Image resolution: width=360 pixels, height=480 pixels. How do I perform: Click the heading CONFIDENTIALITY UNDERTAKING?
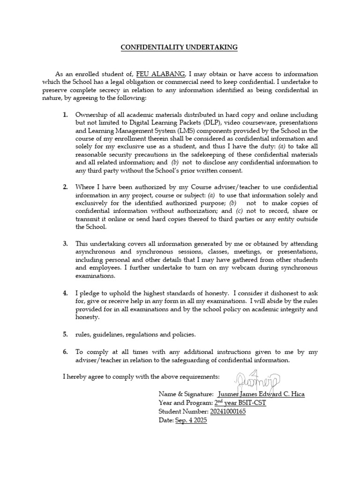tap(180, 47)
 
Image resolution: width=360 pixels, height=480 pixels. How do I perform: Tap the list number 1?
tap(66, 115)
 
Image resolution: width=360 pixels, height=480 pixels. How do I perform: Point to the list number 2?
tap(66, 187)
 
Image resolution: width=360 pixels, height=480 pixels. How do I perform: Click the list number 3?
tap(66, 244)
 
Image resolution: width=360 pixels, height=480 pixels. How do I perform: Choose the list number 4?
tap(66, 293)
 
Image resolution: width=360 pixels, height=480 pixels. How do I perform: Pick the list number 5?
tap(66, 334)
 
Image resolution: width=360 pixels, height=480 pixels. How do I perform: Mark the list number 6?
tap(66, 352)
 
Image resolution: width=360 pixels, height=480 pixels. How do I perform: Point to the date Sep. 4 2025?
tap(191, 420)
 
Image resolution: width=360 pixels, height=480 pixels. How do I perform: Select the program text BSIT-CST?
tap(253, 403)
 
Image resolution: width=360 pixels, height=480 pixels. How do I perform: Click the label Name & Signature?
tap(187, 394)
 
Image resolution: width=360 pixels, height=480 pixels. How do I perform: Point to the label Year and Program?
tap(186, 403)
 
